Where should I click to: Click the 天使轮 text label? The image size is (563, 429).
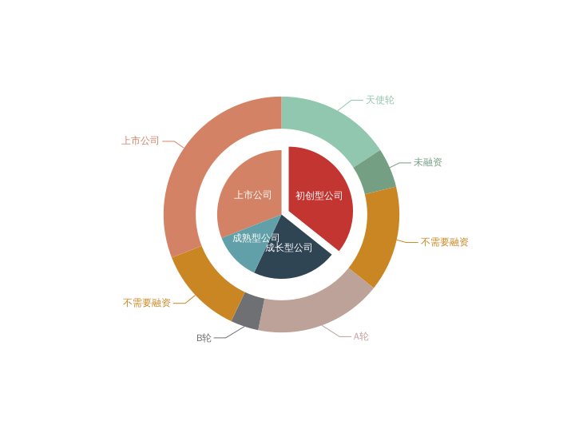click(380, 101)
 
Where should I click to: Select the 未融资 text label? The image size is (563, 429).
click(427, 163)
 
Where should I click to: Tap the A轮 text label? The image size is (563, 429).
click(361, 336)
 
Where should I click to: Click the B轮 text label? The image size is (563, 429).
click(204, 338)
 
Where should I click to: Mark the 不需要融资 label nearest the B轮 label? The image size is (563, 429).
click(147, 303)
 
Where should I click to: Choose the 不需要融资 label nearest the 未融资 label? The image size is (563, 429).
click(444, 242)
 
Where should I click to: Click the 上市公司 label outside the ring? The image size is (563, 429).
click(141, 141)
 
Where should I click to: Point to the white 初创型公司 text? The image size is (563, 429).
click(319, 196)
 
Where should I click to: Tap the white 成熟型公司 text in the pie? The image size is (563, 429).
click(256, 238)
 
